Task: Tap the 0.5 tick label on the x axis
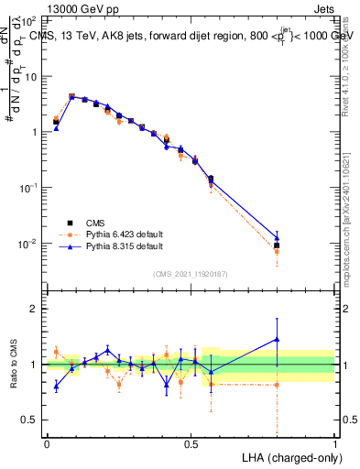(x=191, y=442)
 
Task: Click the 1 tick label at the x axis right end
(x=334, y=442)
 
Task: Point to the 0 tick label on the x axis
(x=47, y=442)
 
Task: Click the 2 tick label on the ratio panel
(x=36, y=309)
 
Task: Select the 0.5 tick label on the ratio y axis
(x=30, y=420)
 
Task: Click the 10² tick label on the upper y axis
(x=28, y=19)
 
